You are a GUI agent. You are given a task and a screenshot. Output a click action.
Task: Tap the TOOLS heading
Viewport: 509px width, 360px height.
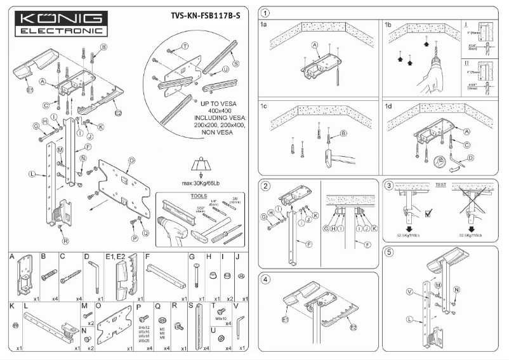click(199, 196)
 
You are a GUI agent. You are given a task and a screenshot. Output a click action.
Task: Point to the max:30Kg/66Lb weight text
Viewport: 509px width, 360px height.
click(201, 183)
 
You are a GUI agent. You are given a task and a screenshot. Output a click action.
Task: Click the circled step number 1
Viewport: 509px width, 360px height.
click(265, 13)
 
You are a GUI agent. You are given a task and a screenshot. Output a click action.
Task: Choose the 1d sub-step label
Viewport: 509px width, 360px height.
click(388, 106)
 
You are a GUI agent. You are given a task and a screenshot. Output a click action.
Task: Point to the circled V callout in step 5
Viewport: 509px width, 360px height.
click(409, 292)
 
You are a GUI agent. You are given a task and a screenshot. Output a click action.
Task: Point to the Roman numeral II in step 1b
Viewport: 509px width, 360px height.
click(465, 63)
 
